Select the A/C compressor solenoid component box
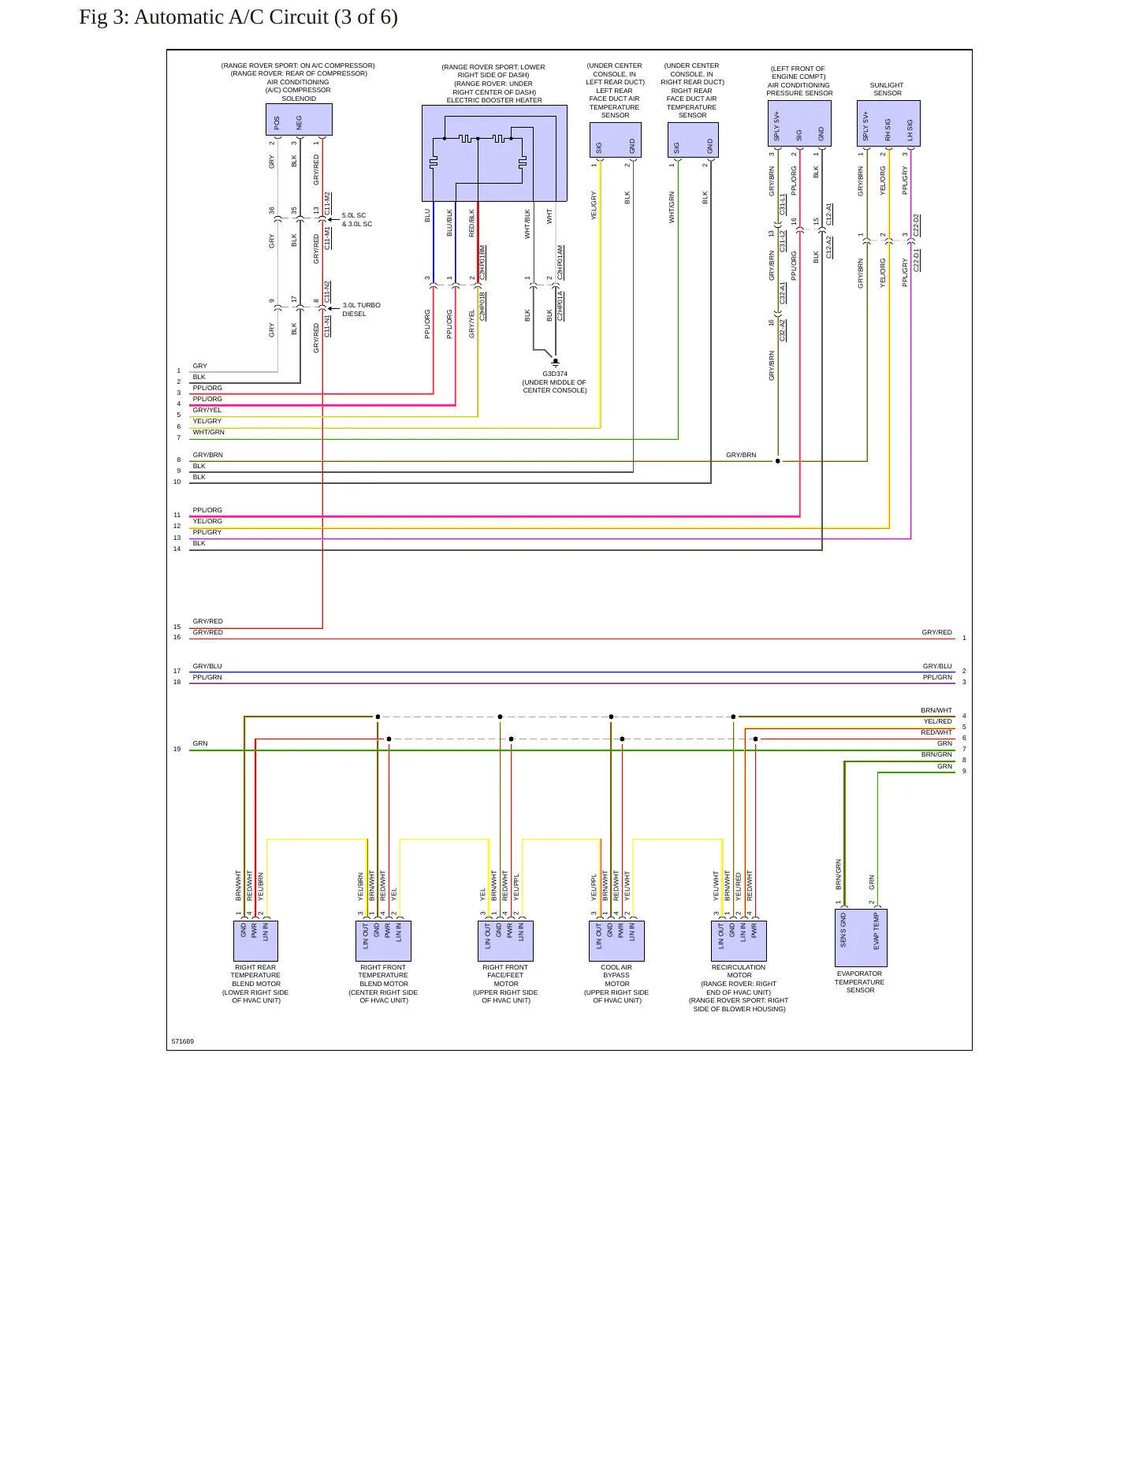(x=299, y=120)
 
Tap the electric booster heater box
(x=494, y=153)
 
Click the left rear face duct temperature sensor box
(x=616, y=140)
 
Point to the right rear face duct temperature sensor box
(x=694, y=140)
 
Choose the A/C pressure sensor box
(x=799, y=123)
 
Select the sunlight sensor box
(x=888, y=123)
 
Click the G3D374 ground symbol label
(x=555, y=374)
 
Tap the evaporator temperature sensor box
(x=861, y=938)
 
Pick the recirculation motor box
(x=739, y=941)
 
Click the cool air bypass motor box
(x=616, y=941)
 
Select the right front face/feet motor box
(x=505, y=941)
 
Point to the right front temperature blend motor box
(x=383, y=941)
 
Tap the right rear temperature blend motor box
(x=255, y=941)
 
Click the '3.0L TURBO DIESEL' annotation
(x=361, y=310)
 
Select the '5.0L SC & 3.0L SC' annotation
(x=357, y=220)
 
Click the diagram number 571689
(x=183, y=1041)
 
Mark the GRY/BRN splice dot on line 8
(x=778, y=461)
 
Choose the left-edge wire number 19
(x=177, y=749)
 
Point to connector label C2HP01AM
(x=560, y=262)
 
